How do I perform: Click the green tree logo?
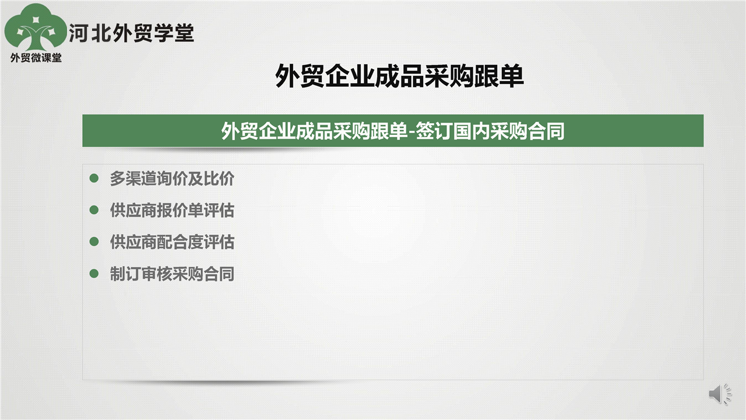coord(36,27)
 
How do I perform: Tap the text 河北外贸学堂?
coord(131,33)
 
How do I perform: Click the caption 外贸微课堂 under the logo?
coord(36,58)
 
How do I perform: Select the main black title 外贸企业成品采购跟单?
coord(400,76)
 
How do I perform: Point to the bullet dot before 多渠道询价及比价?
coord(94,178)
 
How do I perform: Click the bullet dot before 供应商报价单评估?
coord(94,210)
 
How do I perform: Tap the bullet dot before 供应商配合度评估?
coord(94,242)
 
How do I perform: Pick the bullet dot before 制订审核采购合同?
coord(94,274)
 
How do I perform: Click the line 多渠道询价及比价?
coord(172,178)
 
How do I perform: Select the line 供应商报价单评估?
coord(172,211)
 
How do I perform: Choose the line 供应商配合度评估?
coord(172,242)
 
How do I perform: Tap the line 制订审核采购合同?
coord(172,274)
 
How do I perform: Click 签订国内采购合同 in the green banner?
coord(490,131)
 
